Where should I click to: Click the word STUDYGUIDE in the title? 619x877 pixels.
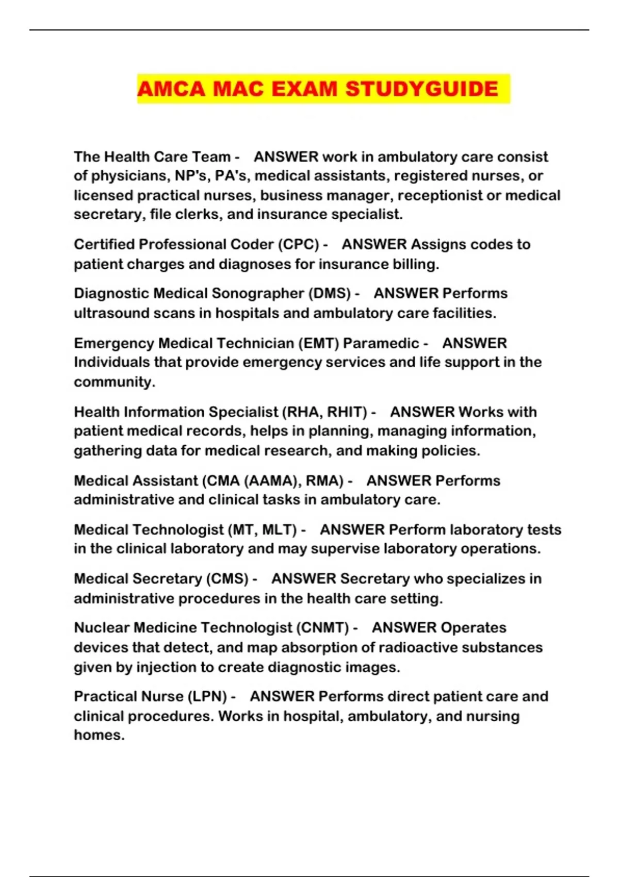click(421, 89)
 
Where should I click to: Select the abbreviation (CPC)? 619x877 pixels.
click(298, 245)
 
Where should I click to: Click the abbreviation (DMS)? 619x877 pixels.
click(330, 294)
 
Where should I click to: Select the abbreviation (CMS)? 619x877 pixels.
click(227, 579)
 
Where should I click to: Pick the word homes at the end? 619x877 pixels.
click(99, 735)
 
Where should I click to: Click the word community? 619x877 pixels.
click(114, 382)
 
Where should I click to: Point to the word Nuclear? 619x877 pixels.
click(102, 628)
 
